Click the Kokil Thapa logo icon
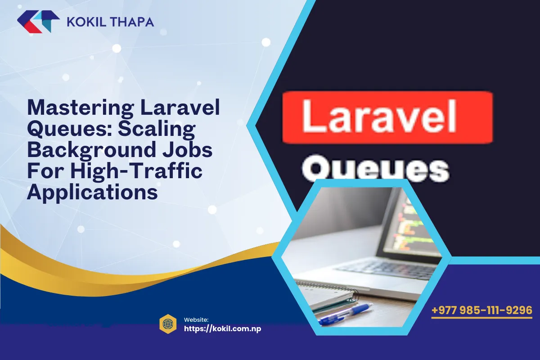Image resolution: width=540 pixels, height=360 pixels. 38,22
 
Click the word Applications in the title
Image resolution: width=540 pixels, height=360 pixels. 92,192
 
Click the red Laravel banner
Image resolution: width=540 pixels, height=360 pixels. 387,117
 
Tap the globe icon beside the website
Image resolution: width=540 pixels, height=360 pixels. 167,323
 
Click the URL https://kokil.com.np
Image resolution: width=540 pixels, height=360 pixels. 223,328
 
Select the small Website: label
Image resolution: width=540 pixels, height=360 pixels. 196,319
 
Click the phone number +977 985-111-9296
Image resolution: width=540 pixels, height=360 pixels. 482,310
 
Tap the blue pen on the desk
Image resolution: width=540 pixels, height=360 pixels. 346,313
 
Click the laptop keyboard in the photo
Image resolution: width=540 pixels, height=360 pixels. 387,270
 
